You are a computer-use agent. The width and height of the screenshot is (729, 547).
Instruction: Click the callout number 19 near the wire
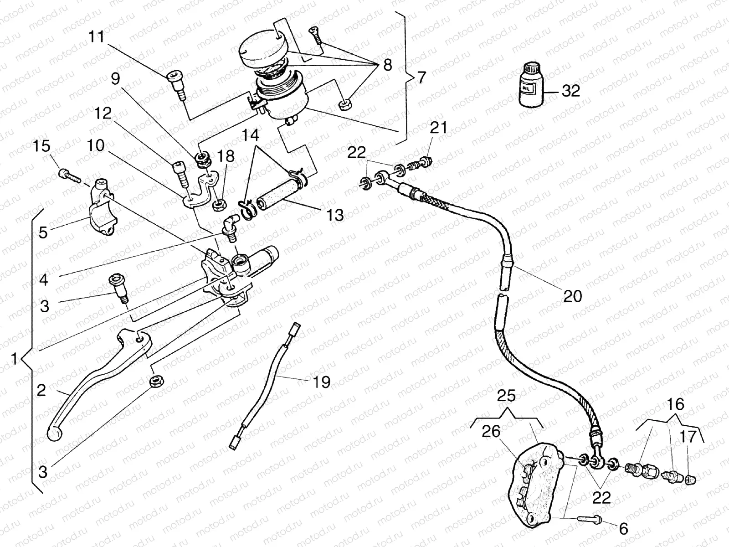pos(322,382)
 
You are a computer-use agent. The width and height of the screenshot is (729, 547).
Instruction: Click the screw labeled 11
pos(177,85)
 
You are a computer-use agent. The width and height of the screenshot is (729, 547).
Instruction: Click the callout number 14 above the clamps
pos(250,135)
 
